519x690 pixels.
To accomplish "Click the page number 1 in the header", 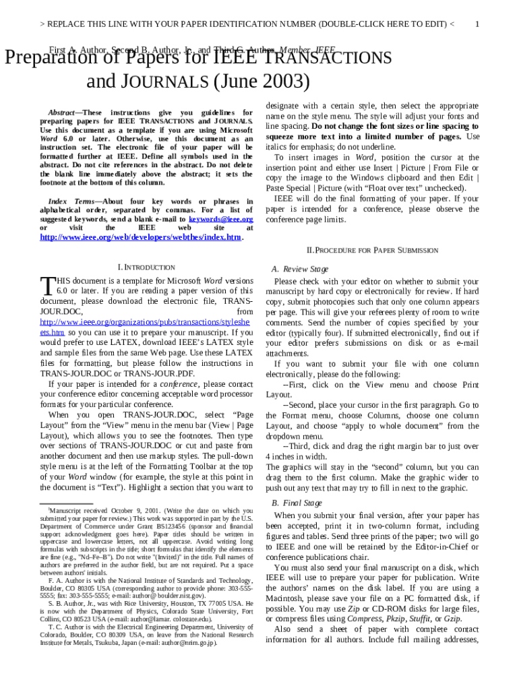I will coord(477,24).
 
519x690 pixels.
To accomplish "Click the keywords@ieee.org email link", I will coord(220,219).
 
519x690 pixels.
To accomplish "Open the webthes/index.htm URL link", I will coord(140,238).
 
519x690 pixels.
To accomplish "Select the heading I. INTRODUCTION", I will coord(146,267).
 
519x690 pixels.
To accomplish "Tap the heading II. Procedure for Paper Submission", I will coord(372,250).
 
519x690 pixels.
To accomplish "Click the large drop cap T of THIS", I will coord(47,285).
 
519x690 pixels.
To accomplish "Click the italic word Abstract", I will coord(61,112).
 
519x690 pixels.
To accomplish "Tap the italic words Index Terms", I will coord(71,201).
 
